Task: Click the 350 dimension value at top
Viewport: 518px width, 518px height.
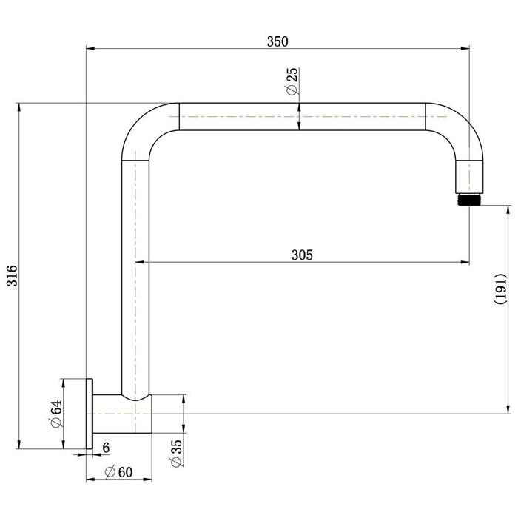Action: click(x=277, y=41)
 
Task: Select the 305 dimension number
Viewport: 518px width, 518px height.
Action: click(x=302, y=255)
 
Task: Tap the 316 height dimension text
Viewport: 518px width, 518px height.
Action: click(x=13, y=275)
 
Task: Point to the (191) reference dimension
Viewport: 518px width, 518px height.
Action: click(x=500, y=289)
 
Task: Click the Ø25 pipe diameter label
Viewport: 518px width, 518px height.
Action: click(x=292, y=81)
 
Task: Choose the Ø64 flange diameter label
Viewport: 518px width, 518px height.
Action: click(x=56, y=414)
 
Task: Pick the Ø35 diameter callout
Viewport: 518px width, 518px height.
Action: click(x=176, y=453)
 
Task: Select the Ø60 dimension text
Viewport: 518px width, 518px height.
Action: click(x=118, y=472)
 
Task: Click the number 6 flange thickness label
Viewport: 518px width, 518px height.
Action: click(x=106, y=448)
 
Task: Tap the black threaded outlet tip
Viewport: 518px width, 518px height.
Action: click(x=469, y=200)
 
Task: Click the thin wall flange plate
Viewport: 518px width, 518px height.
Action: click(x=90, y=414)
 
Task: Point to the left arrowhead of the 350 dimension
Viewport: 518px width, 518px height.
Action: click(x=90, y=49)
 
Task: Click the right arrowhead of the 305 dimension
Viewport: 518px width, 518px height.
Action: click(x=465, y=262)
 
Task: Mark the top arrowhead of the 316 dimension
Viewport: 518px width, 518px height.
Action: click(x=19, y=107)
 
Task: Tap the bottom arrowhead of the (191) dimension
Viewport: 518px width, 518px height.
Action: click(x=508, y=409)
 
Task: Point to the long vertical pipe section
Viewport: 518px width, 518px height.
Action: click(x=135, y=278)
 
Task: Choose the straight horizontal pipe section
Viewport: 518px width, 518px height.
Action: click(x=302, y=117)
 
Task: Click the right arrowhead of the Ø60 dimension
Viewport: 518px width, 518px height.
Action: click(x=147, y=479)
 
